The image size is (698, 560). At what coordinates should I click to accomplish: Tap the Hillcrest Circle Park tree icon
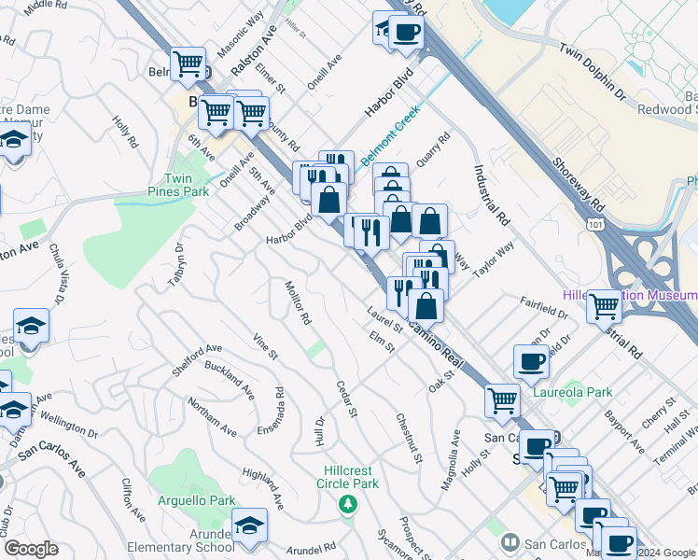[349, 505]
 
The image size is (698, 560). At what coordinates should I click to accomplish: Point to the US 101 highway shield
[595, 225]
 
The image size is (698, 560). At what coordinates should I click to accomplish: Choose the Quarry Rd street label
[433, 148]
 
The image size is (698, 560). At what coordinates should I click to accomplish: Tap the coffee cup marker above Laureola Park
[531, 361]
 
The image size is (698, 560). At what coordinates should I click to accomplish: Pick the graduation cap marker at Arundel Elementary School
[250, 526]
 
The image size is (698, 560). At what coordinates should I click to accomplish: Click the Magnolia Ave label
[450, 451]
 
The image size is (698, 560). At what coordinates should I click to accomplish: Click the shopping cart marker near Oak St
[502, 399]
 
